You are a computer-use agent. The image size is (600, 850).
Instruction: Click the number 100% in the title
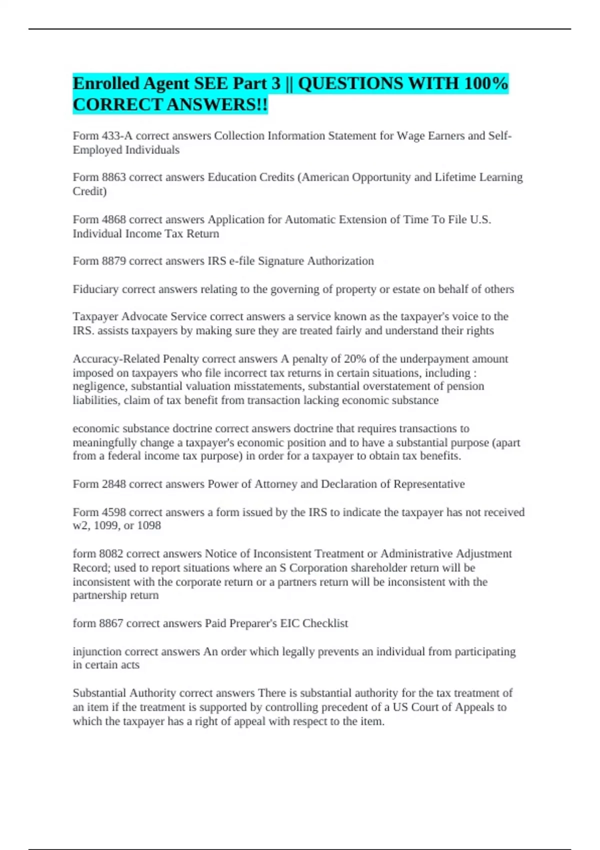tap(485, 83)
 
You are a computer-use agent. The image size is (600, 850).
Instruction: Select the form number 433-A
tap(117, 136)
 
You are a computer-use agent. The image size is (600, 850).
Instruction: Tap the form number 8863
tap(113, 177)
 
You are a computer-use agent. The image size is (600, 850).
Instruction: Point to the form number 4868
tap(113, 219)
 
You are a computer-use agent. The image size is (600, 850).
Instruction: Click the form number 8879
tap(113, 261)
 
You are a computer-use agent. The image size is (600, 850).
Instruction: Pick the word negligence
tap(99, 386)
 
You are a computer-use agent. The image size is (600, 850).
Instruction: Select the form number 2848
tap(113, 484)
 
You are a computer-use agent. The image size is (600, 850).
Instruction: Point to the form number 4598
tap(113, 512)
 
